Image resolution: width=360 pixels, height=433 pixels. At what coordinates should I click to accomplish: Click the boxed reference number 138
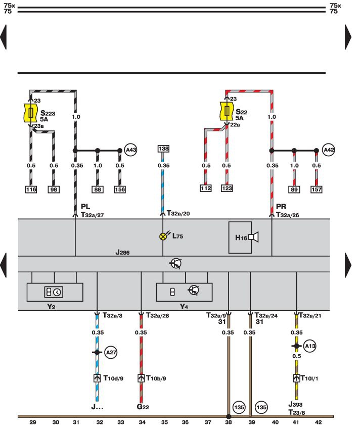click(x=163, y=149)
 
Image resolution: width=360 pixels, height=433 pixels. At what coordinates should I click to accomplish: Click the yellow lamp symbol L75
click(x=163, y=236)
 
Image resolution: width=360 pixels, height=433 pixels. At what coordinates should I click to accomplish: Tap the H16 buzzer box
click(x=245, y=236)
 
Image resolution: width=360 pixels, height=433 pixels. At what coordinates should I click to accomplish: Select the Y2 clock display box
click(x=55, y=292)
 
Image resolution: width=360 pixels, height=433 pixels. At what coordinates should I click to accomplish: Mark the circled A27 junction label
click(x=111, y=353)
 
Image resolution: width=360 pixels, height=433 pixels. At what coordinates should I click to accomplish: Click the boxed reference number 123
click(x=227, y=189)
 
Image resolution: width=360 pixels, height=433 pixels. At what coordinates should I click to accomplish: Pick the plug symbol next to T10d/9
click(x=97, y=378)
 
